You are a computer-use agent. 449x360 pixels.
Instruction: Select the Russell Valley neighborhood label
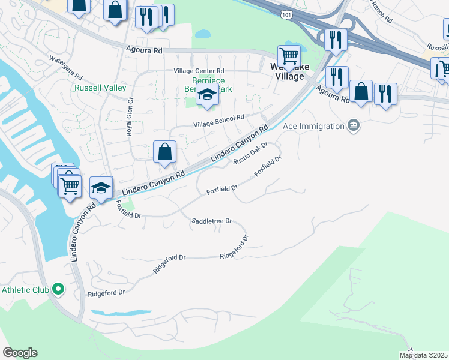click(100, 88)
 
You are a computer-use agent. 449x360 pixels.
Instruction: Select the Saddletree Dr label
click(211, 221)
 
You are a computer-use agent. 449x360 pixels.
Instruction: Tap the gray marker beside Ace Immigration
click(354, 125)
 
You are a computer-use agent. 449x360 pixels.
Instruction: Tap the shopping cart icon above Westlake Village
click(289, 56)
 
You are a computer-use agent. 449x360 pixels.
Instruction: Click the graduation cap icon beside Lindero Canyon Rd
click(101, 188)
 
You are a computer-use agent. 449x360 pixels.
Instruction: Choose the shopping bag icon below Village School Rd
click(164, 152)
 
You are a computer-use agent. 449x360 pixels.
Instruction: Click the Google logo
click(20, 353)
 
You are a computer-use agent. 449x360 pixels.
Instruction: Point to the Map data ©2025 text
click(423, 355)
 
